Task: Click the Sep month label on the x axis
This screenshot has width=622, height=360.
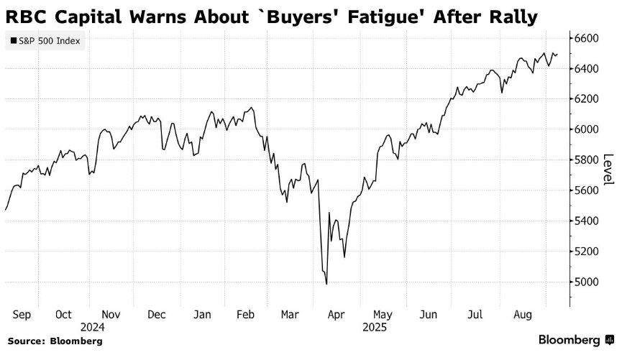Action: click(22, 314)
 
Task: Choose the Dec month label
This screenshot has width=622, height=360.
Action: click(156, 314)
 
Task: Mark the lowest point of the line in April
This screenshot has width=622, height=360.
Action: click(326, 285)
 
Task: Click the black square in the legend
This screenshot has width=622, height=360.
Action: click(14, 41)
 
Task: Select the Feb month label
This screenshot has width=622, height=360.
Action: click(246, 314)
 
